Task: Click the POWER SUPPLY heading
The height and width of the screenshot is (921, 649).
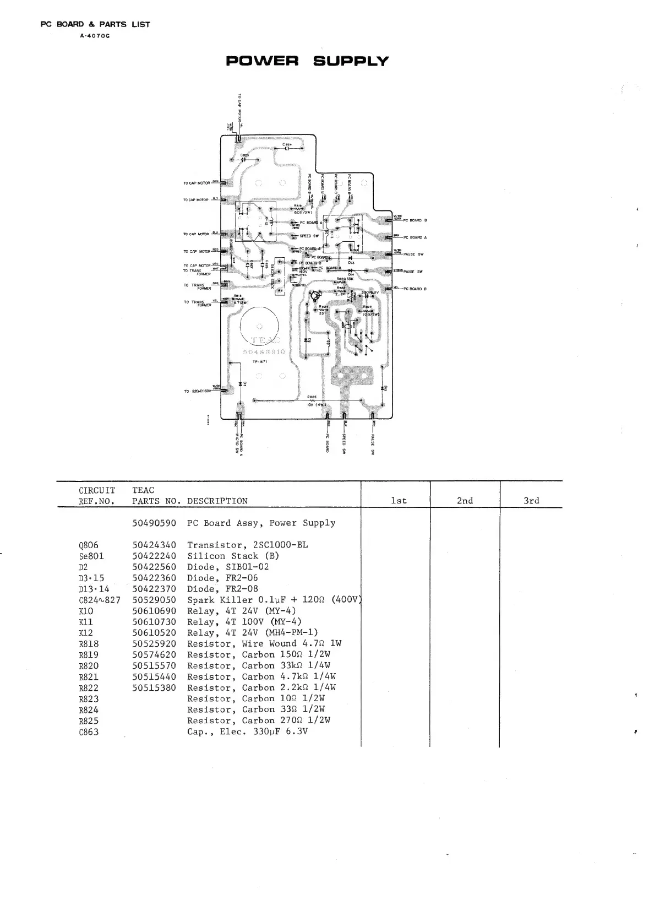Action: click(x=307, y=61)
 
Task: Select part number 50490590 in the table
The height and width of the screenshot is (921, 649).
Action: click(x=154, y=523)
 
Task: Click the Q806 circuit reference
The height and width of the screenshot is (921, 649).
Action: click(x=89, y=545)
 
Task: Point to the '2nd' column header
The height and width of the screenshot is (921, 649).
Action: click(x=465, y=501)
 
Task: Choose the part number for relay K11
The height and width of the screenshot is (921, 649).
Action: click(x=154, y=622)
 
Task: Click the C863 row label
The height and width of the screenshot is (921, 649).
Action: click(x=89, y=732)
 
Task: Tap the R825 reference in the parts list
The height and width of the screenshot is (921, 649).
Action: click(x=89, y=721)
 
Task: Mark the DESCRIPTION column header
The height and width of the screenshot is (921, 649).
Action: click(x=217, y=501)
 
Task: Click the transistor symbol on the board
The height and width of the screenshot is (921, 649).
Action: click(x=314, y=296)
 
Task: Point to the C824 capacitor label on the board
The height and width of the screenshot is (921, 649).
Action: click(x=287, y=145)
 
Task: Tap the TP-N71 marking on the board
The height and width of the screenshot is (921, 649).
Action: click(x=260, y=362)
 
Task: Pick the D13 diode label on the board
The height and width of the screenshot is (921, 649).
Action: click(x=351, y=263)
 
